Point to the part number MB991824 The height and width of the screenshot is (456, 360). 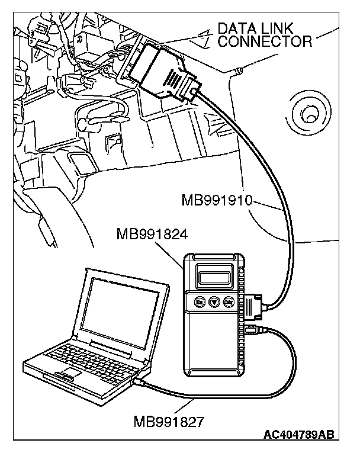click(x=152, y=233)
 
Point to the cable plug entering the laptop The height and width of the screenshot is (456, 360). click(x=142, y=383)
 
